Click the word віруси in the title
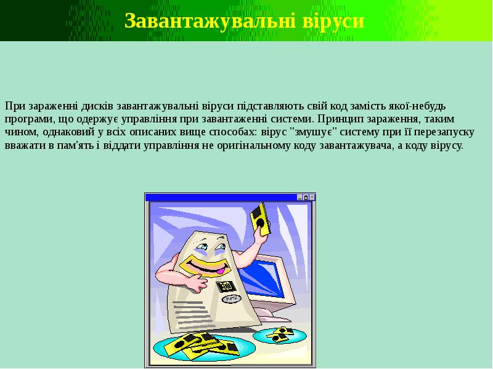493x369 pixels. point(334,21)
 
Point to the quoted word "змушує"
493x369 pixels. point(315,133)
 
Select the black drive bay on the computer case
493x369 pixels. point(227,286)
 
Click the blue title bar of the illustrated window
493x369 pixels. point(222,197)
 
